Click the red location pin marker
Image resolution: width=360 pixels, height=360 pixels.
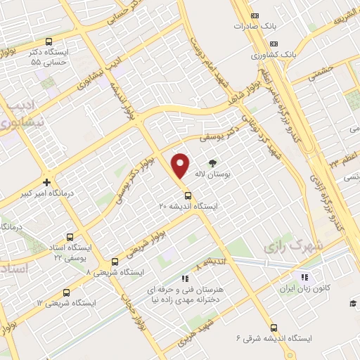(181, 165)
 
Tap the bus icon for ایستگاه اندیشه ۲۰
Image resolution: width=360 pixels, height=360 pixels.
(188, 195)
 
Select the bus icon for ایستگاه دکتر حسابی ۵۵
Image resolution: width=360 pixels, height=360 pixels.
(49, 41)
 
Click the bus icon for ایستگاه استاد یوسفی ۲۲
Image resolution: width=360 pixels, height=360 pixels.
(70, 237)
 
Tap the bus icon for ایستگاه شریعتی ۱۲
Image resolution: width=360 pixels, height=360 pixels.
(66, 292)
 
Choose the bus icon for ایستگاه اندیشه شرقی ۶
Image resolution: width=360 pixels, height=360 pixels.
(274, 327)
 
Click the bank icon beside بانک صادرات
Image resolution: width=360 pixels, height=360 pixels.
(255, 15)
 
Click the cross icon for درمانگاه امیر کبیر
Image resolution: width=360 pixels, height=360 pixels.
(46, 182)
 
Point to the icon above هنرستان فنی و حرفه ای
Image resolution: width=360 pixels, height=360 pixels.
(185, 278)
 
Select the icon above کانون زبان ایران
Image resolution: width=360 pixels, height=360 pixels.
(304, 276)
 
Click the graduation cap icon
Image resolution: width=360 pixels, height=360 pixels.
(352, 303)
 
